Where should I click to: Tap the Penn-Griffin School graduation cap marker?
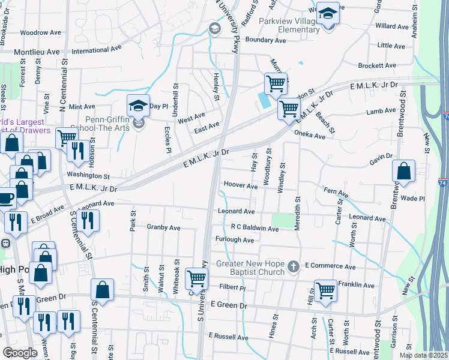coord(137,106)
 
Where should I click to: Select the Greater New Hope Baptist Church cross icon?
coord(293,265)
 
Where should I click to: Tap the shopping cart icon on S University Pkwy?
coord(196,278)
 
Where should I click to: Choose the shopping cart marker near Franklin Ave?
coord(325,290)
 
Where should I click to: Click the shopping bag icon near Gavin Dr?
coord(404,170)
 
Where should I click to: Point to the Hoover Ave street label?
coord(240,185)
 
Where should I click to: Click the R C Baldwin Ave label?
coord(255,229)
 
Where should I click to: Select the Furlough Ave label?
coord(235,239)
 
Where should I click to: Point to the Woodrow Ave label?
coord(41,32)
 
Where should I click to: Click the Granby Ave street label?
coord(163,228)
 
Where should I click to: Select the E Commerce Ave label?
coord(330,266)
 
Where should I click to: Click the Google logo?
coord(20,353)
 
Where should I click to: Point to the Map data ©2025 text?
coord(423,355)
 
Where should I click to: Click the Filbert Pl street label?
coord(233,287)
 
